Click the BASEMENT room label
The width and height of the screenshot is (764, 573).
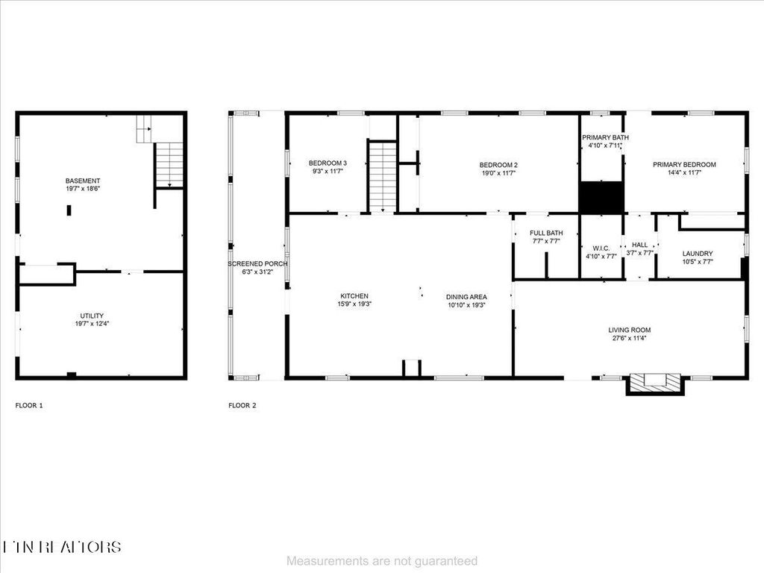83,181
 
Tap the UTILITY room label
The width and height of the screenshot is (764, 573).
93,316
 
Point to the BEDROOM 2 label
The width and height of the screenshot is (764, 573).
498,165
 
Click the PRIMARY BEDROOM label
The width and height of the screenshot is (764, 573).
684,165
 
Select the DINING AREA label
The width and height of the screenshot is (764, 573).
466,296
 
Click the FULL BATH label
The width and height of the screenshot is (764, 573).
546,233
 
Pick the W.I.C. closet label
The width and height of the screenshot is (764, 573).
601,248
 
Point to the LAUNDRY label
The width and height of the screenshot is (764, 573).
698,254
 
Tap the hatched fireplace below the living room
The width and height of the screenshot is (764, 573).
655,383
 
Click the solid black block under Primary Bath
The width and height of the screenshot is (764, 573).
601,197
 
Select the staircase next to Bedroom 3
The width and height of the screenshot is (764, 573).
383,177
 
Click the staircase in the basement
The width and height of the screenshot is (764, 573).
170,164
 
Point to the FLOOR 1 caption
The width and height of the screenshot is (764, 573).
29,406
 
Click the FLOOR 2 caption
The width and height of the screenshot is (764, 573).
242,406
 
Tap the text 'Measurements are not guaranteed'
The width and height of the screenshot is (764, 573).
382,560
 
